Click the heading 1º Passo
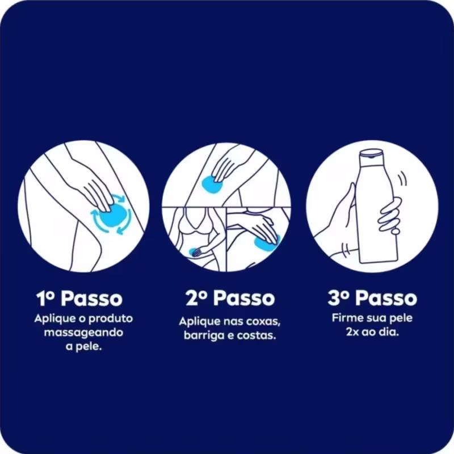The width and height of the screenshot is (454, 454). point(79,299)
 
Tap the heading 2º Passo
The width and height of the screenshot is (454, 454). point(230,299)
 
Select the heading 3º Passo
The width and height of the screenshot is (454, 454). point(372,298)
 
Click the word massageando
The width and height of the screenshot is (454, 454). point(83,333)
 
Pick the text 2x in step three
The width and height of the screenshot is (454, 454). point(352,332)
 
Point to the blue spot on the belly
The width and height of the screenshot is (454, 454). point(194,252)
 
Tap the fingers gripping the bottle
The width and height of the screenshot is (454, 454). point(390,215)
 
